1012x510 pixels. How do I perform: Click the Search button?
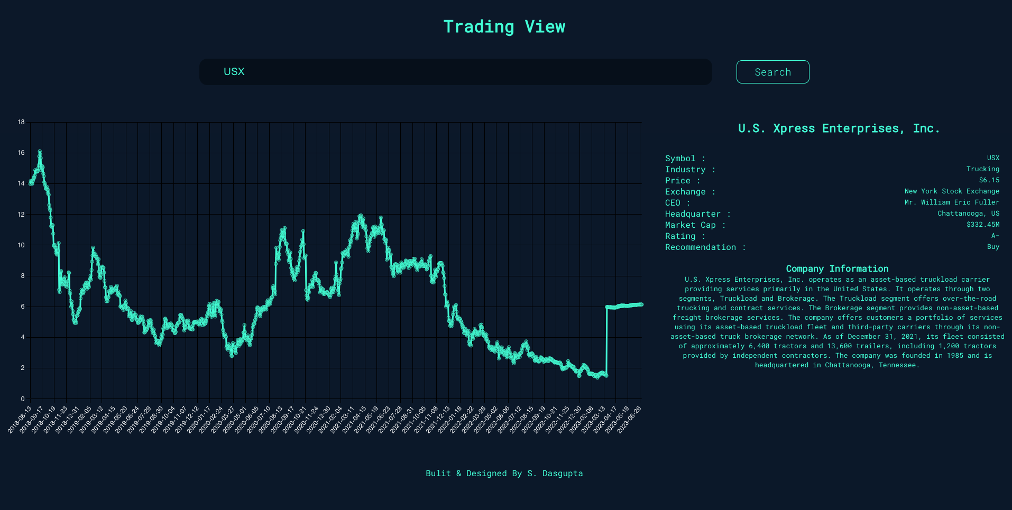pyautogui.click(x=772, y=72)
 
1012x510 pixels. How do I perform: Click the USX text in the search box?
pyautogui.click(x=234, y=71)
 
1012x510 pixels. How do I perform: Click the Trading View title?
pyautogui.click(x=504, y=26)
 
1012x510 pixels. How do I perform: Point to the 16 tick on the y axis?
pyautogui.click(x=21, y=153)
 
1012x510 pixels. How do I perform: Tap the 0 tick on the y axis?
pyautogui.click(x=23, y=399)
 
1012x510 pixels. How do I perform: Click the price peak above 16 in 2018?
pyautogui.click(x=40, y=152)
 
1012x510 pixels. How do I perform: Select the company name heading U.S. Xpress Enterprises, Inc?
pyautogui.click(x=839, y=128)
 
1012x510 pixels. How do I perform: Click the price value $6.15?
pyautogui.click(x=989, y=180)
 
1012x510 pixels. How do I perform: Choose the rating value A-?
pyautogui.click(x=995, y=236)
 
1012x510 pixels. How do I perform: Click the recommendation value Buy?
pyautogui.click(x=993, y=247)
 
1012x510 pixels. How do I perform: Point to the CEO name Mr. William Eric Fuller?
pyautogui.click(x=951, y=202)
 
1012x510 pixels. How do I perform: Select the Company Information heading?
pyautogui.click(x=837, y=268)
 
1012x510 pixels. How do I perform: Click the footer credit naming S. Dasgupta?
pyautogui.click(x=504, y=474)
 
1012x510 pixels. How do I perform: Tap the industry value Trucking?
pyautogui.click(x=982, y=169)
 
